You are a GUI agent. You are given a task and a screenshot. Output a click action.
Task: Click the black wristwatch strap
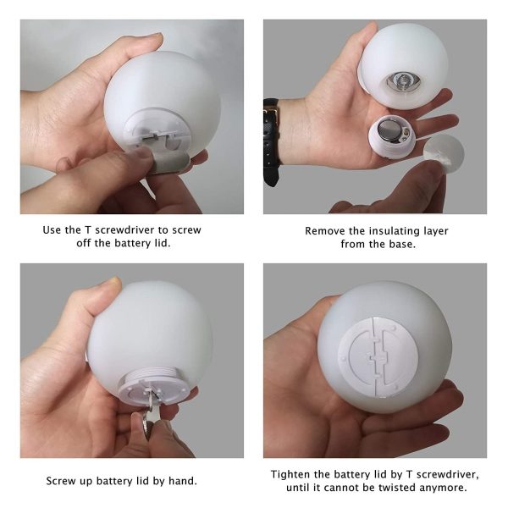point(272,142)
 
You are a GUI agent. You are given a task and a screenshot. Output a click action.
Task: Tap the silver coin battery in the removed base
point(389,130)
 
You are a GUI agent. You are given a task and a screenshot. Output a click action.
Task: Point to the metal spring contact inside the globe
point(403,80)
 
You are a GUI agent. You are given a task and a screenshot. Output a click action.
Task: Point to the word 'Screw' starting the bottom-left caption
point(62,481)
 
